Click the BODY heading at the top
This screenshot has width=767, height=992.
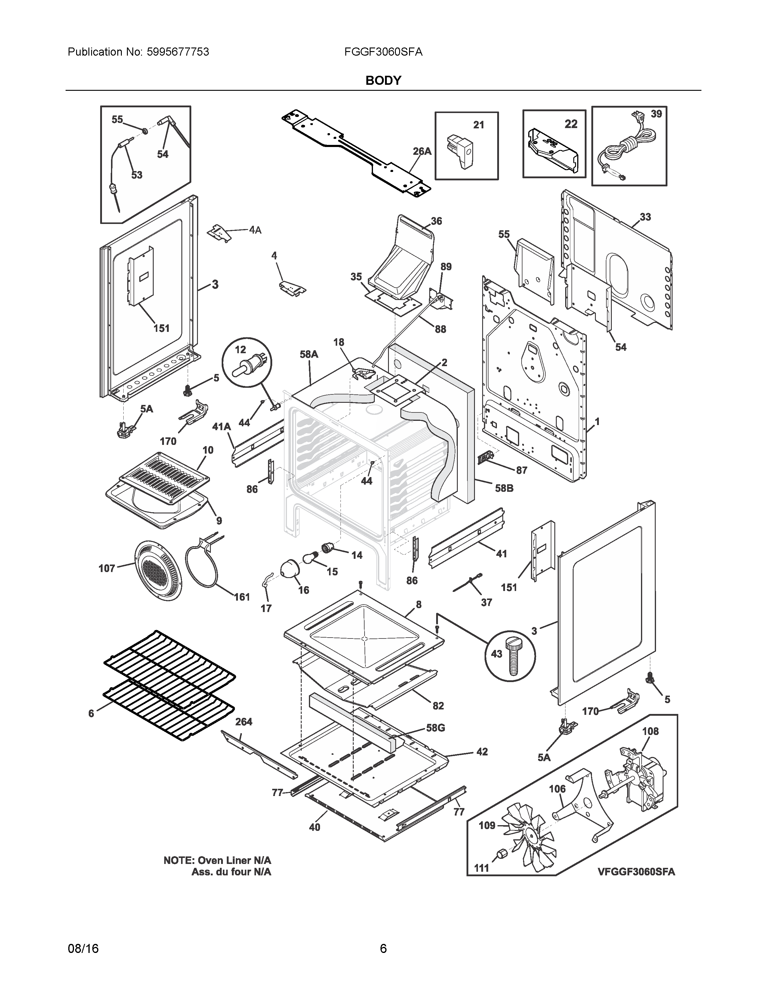tap(383, 80)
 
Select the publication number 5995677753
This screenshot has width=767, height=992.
tap(178, 52)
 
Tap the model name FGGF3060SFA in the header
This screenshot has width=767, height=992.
tap(383, 52)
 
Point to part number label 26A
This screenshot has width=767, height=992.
tap(422, 151)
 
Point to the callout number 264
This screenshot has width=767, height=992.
tap(244, 721)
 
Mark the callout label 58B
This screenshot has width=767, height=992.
tap(504, 488)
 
